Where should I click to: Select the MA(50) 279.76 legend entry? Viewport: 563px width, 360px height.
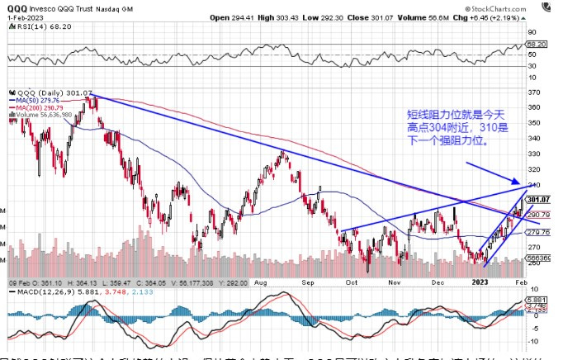(39, 102)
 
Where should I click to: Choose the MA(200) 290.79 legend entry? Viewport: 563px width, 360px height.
(40, 108)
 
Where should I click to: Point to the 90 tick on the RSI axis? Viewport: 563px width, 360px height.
(536, 35)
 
